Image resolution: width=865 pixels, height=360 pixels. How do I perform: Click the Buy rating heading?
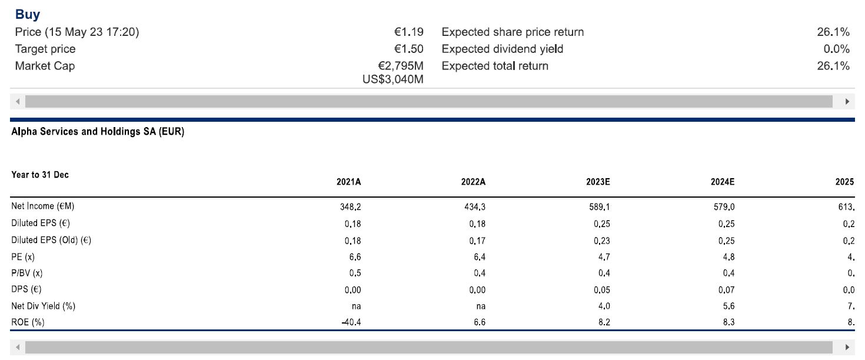click(28, 15)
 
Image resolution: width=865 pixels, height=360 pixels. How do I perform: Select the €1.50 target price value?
click(409, 49)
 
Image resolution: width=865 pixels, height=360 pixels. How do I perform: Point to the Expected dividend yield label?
click(502, 49)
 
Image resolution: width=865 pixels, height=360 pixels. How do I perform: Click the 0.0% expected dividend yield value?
click(836, 49)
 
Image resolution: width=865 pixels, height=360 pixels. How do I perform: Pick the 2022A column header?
click(473, 182)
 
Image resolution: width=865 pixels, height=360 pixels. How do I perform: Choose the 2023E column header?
click(598, 182)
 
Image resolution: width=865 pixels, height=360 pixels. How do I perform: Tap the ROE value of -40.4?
click(351, 322)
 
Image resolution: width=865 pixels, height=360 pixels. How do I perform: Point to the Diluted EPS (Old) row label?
click(51, 240)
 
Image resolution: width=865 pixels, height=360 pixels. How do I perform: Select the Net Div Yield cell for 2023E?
click(604, 306)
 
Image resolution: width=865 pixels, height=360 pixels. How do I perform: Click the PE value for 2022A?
click(479, 256)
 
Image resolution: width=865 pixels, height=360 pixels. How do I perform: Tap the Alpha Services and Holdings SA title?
click(98, 132)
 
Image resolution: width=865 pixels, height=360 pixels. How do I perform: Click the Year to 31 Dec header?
click(40, 175)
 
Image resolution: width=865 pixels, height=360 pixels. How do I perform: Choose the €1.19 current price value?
click(409, 32)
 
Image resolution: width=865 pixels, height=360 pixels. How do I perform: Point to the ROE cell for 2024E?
click(728, 322)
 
